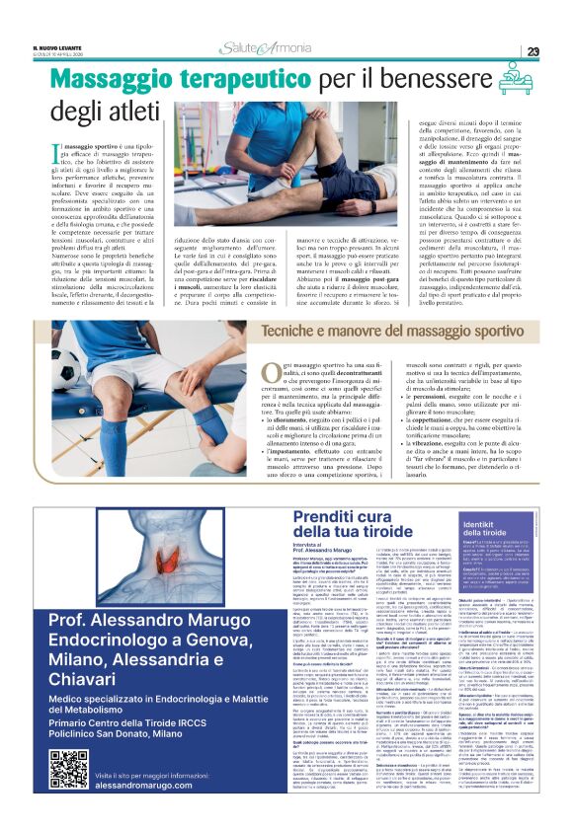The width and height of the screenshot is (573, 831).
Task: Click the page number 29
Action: click(x=532, y=51)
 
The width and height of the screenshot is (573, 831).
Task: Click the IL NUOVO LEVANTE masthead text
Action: click(x=62, y=45)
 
